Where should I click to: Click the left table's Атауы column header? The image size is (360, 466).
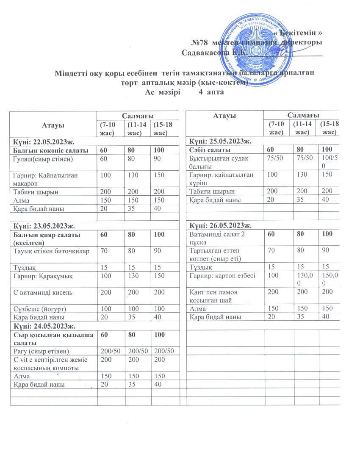tap(53, 125)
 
